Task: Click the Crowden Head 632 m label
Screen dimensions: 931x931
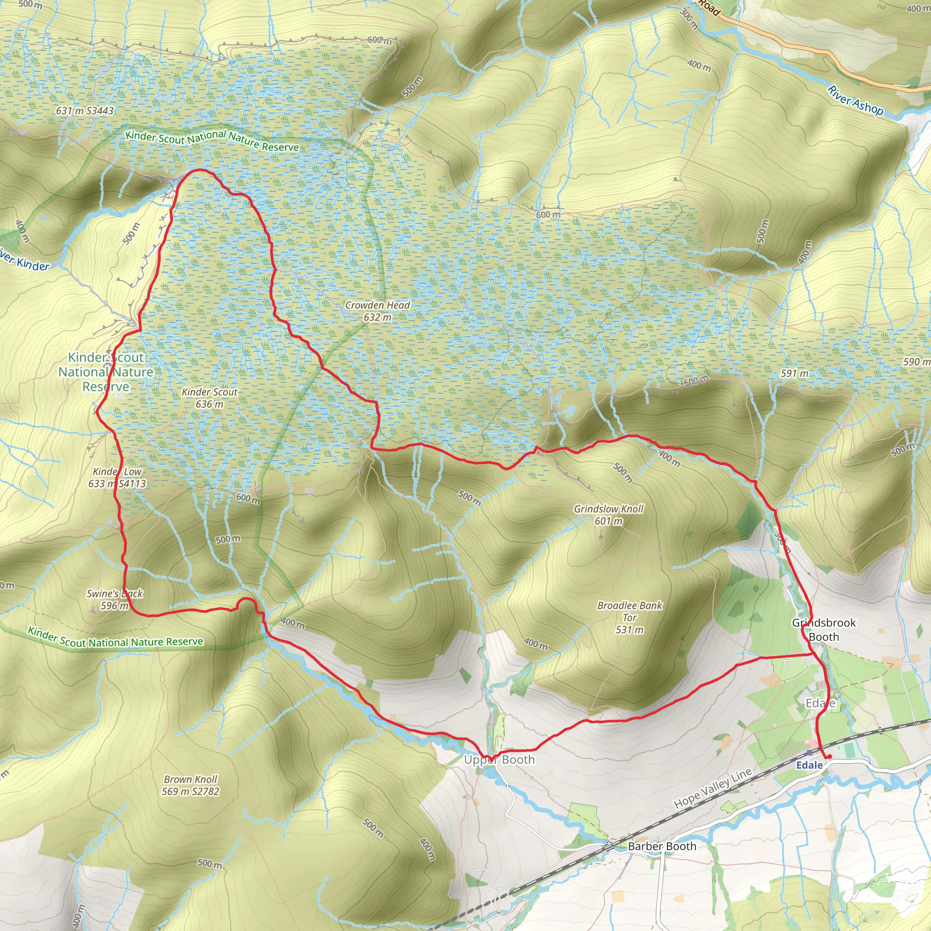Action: [377, 311]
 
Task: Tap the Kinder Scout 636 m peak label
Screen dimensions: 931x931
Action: [209, 398]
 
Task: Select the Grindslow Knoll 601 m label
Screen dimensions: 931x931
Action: [608, 515]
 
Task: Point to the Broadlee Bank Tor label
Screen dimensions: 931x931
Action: [630, 617]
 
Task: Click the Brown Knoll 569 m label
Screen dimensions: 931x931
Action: [190, 785]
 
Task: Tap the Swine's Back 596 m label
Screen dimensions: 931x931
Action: [115, 600]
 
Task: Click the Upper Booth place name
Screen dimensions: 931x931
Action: [499, 760]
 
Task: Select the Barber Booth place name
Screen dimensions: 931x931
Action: [661, 846]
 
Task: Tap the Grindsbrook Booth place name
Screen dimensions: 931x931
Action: [824, 630]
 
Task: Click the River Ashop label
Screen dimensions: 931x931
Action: [856, 100]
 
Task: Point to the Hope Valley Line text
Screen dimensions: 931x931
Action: [713, 788]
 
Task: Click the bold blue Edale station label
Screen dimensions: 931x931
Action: [809, 765]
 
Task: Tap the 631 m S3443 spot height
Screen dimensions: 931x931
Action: [85, 111]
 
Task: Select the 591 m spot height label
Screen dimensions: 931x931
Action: [794, 374]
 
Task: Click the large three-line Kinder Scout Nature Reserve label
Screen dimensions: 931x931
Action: [106, 372]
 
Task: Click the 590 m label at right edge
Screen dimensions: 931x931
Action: [916, 361]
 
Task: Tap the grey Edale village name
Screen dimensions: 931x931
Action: [820, 704]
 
